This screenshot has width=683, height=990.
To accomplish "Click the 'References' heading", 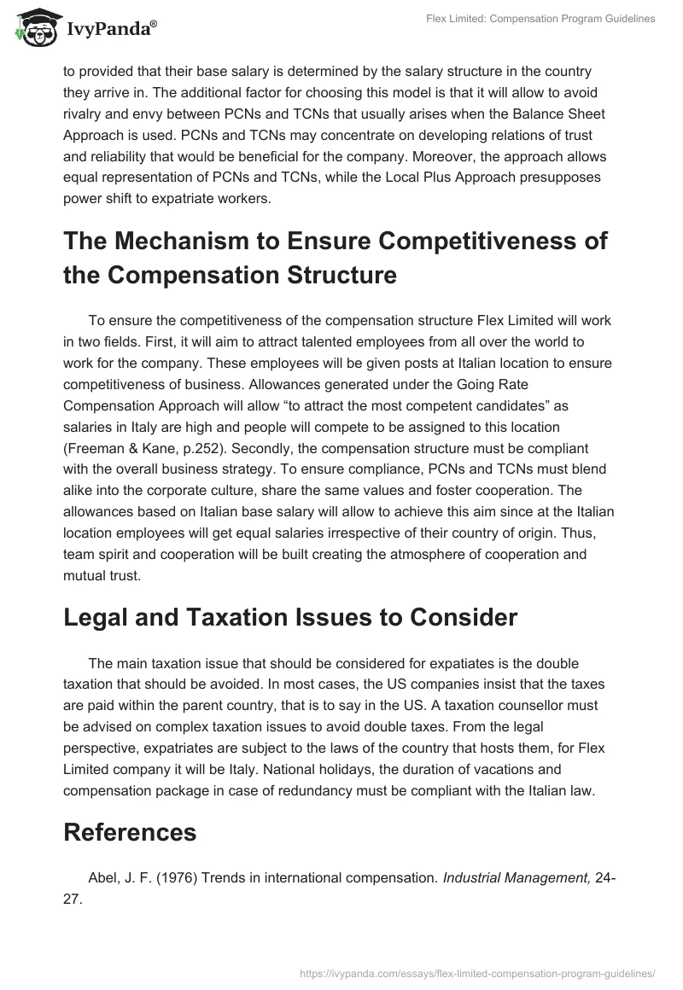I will [x=130, y=832].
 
